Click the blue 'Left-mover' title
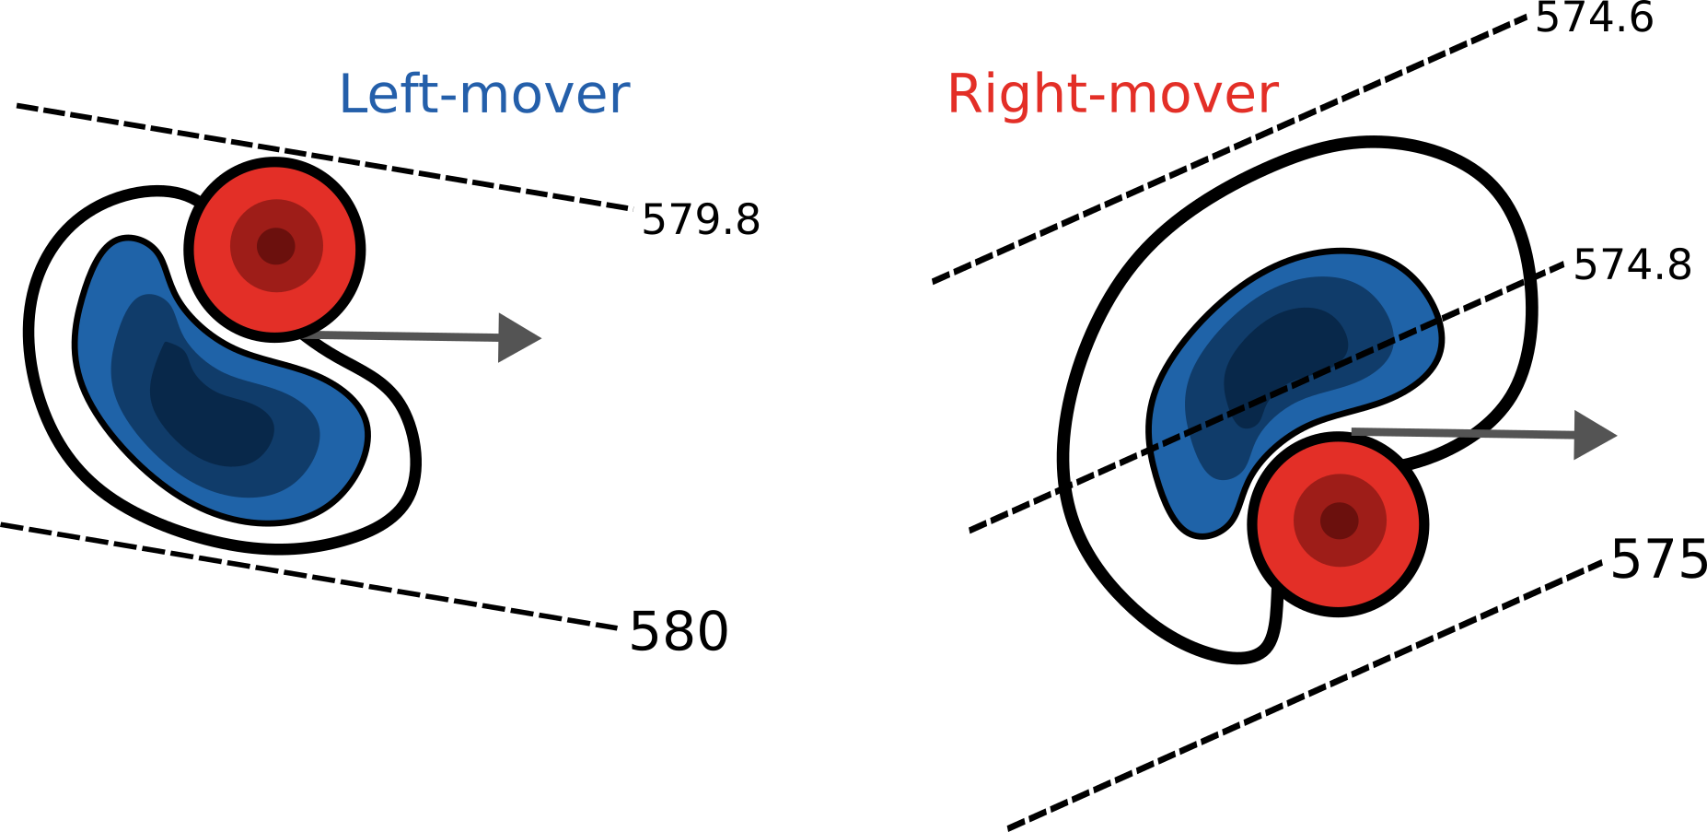(484, 94)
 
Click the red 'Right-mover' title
(1112, 94)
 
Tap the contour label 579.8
(701, 220)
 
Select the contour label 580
(679, 632)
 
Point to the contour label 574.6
(1594, 18)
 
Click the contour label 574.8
(1632, 265)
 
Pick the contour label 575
(1658, 559)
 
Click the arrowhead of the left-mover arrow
(518, 338)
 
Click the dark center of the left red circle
(275, 246)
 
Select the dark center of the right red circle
(1339, 521)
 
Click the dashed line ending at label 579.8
(322, 157)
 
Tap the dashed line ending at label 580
(308, 577)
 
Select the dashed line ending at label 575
(1307, 697)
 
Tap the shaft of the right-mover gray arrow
(1464, 433)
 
